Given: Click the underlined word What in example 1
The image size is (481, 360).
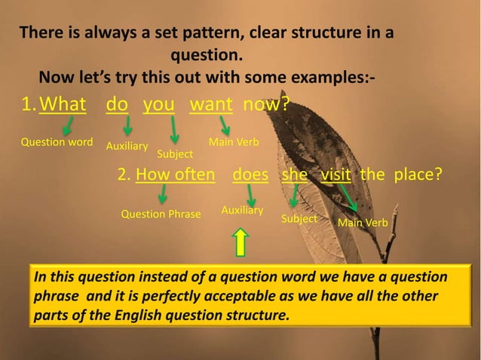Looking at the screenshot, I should [63, 104].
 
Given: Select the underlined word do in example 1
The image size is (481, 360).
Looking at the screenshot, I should [117, 104].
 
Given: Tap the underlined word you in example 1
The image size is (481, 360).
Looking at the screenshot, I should [158, 104].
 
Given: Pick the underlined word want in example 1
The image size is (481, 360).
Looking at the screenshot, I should [211, 104].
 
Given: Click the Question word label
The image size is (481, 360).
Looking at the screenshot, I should [57, 142].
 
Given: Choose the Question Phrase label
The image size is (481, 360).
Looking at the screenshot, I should [161, 215].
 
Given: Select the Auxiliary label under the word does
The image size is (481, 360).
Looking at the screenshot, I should [242, 209].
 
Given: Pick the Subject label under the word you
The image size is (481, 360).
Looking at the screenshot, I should [175, 154].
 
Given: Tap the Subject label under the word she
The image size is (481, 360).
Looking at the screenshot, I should [299, 218].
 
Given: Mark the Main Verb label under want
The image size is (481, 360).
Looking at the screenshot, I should [234, 142].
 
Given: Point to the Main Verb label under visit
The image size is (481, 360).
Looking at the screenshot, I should [363, 223].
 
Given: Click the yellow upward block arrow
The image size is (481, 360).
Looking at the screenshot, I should [241, 243].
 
